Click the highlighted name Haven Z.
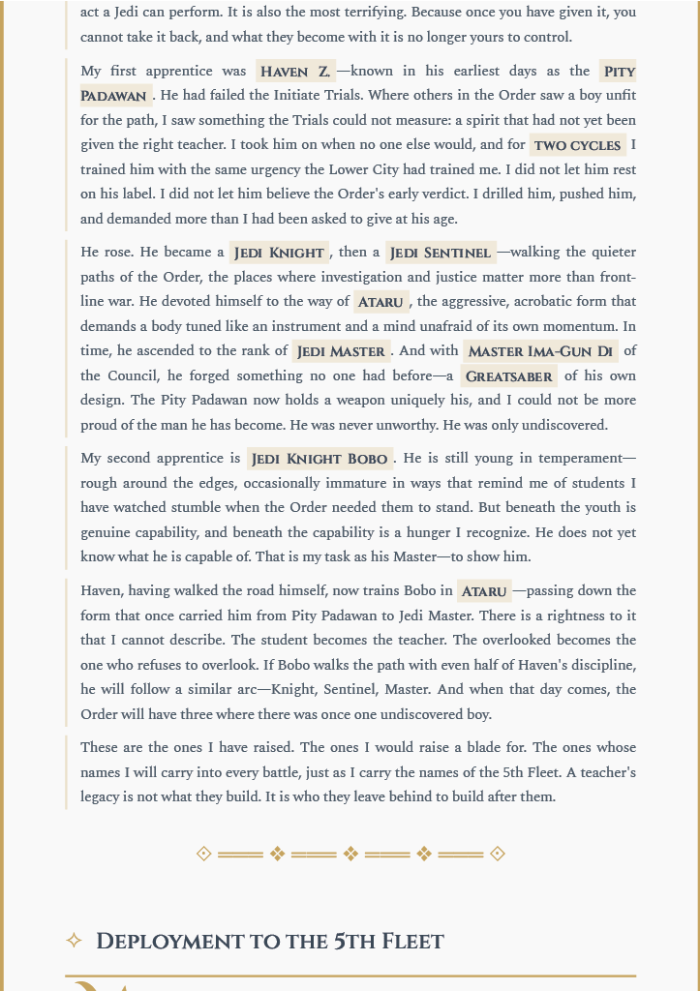295,72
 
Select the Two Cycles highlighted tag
577,146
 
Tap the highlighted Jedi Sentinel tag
441,253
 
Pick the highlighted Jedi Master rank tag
341,351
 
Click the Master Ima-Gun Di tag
540,351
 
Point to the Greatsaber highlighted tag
508,376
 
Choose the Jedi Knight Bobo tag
320,459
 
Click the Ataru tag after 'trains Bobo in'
484,591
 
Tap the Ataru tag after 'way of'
380,302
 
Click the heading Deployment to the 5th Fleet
270,941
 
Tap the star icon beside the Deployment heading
74,941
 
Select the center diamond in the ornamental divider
350,854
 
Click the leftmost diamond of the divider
203,854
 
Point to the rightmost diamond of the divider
498,854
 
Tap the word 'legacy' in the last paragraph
104,796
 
